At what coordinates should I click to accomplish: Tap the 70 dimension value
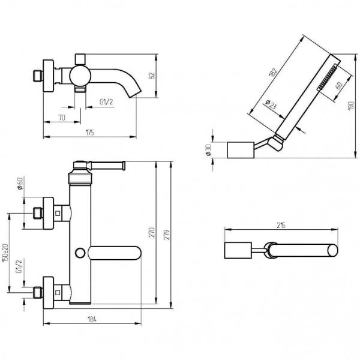(x=62, y=118)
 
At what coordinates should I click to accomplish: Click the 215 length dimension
(x=280, y=226)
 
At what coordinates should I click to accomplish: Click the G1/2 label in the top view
(x=107, y=102)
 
